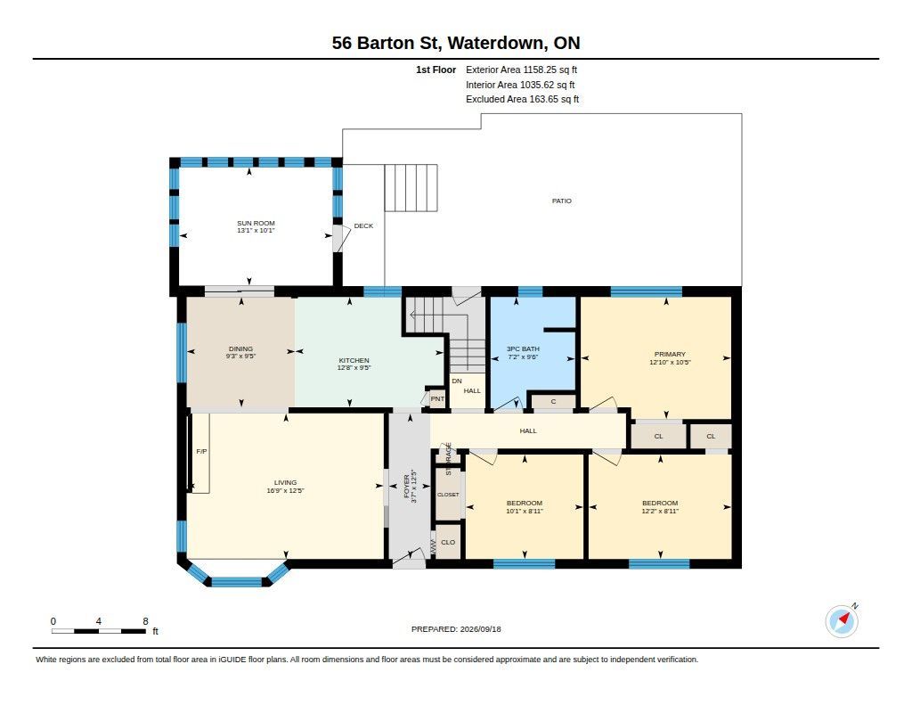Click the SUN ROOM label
[256, 223]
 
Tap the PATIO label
[561, 201]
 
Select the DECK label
[363, 225]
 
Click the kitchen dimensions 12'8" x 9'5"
[354, 368]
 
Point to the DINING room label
[240, 348]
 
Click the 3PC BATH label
[523, 348]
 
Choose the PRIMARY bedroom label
[670, 354]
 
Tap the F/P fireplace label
[202, 451]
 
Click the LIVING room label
[285, 482]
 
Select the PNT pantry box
[436, 398]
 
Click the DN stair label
[457, 381]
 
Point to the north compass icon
[843, 621]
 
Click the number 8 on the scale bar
[145, 621]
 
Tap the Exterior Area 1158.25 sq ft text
[521, 70]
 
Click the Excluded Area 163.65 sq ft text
[522, 99]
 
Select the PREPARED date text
[456, 628]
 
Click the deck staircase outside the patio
[411, 187]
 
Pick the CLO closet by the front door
[448, 542]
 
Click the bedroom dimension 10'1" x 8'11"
[524, 511]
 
